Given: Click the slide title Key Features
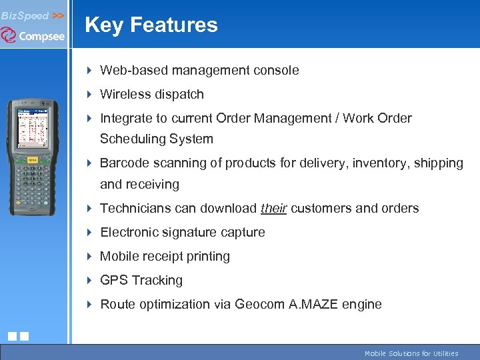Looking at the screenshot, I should [x=151, y=25].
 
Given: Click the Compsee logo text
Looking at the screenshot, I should [x=41, y=37].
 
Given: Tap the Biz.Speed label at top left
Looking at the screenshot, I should [x=25, y=15].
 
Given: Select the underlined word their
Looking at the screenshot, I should [x=273, y=209].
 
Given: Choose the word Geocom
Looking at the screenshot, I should [x=261, y=305].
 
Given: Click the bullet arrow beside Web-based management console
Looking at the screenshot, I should [x=90, y=71].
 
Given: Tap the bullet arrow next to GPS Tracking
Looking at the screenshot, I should [x=90, y=281].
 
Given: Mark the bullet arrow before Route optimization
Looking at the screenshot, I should [x=90, y=305].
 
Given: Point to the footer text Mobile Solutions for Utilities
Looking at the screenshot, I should [x=411, y=353].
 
